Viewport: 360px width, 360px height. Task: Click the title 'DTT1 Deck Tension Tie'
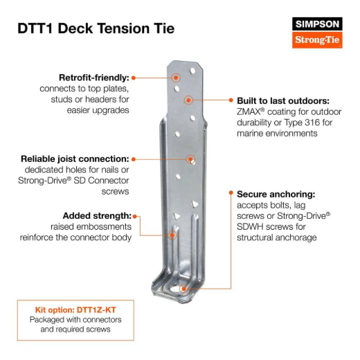pos(95,28)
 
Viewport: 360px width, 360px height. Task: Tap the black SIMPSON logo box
pos(318,24)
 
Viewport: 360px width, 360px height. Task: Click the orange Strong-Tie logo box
pos(318,39)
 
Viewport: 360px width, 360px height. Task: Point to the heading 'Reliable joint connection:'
pos(75,159)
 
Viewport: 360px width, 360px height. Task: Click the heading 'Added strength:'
pos(96,215)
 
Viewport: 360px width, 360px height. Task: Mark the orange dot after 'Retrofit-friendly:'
pos(134,78)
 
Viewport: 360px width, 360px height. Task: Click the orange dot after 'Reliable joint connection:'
pos(134,159)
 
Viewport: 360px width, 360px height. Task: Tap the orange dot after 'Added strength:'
pos(134,215)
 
